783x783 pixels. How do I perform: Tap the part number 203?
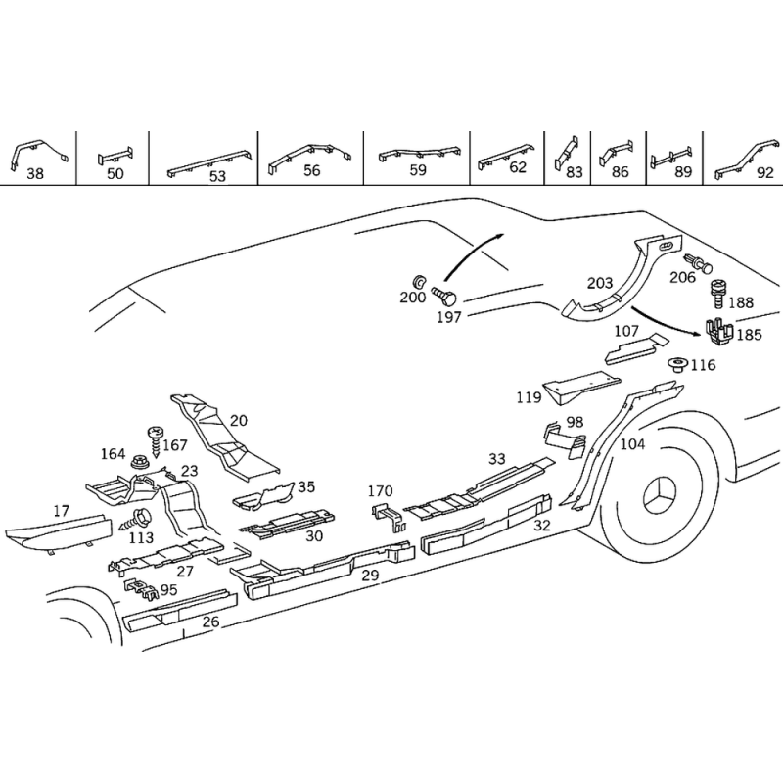[x=599, y=283]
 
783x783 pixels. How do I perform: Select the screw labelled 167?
[x=155, y=442]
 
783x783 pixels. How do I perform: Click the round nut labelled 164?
[x=140, y=462]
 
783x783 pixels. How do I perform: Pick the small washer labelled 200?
[x=419, y=281]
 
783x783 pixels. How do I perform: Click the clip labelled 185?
[x=719, y=332]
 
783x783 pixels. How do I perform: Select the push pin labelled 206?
[x=698, y=262]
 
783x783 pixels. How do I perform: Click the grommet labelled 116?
[x=678, y=365]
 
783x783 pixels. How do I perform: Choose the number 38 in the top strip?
[x=35, y=174]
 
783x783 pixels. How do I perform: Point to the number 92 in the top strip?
[x=765, y=173]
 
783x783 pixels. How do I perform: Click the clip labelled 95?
[x=141, y=589]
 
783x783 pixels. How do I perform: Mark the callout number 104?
[x=632, y=443]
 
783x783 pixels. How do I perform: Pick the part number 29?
[x=370, y=576]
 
